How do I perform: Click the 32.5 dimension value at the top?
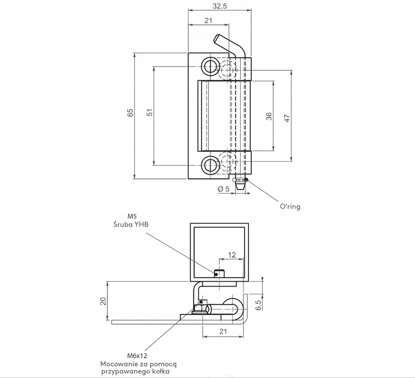tap(220, 6)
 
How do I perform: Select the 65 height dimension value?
tap(130, 113)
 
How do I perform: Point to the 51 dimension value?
tap(150, 112)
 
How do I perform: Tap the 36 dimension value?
tap(269, 116)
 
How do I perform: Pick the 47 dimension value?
tap(287, 118)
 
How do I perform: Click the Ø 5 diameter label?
tap(224, 189)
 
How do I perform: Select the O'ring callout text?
tap(290, 206)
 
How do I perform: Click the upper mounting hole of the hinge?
tap(210, 66)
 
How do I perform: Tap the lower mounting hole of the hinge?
tap(210, 165)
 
